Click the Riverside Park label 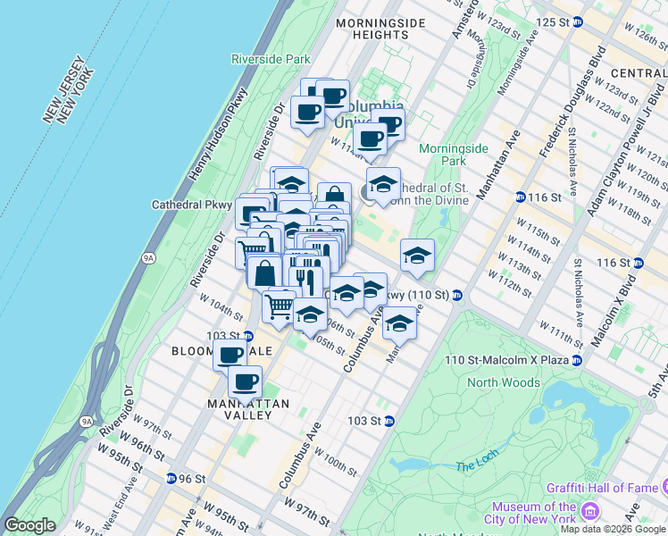pyautogui.click(x=271, y=59)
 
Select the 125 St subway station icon pyautogui.click(x=578, y=21)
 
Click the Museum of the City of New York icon pyautogui.click(x=589, y=512)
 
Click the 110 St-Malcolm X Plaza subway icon pyautogui.click(x=577, y=360)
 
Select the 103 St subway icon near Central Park pyautogui.click(x=389, y=421)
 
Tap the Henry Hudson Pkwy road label pyautogui.click(x=213, y=143)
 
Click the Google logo pyautogui.click(x=29, y=525)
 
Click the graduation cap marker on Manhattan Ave pyautogui.click(x=400, y=323)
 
